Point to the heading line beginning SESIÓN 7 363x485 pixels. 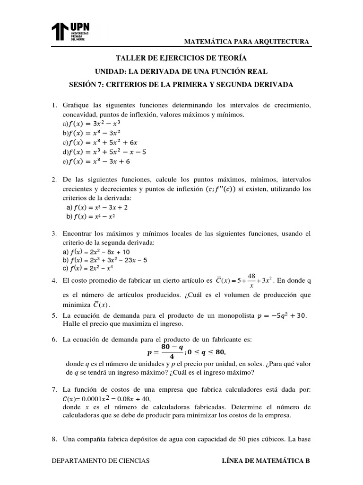pyautogui.click(x=181, y=85)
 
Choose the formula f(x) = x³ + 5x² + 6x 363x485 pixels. pyautogui.click(x=103, y=143)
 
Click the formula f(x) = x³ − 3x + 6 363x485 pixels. pyautogui.click(x=99, y=162)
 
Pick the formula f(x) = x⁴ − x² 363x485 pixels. pyautogui.click(x=93, y=216)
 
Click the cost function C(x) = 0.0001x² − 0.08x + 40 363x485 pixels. pyautogui.click(x=112, y=398)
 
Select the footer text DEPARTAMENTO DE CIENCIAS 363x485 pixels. pyautogui.click(x=101, y=460)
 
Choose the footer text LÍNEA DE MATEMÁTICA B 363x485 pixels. pyautogui.click(x=266, y=460)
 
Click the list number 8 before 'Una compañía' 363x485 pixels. pyautogui.click(x=54, y=439)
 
